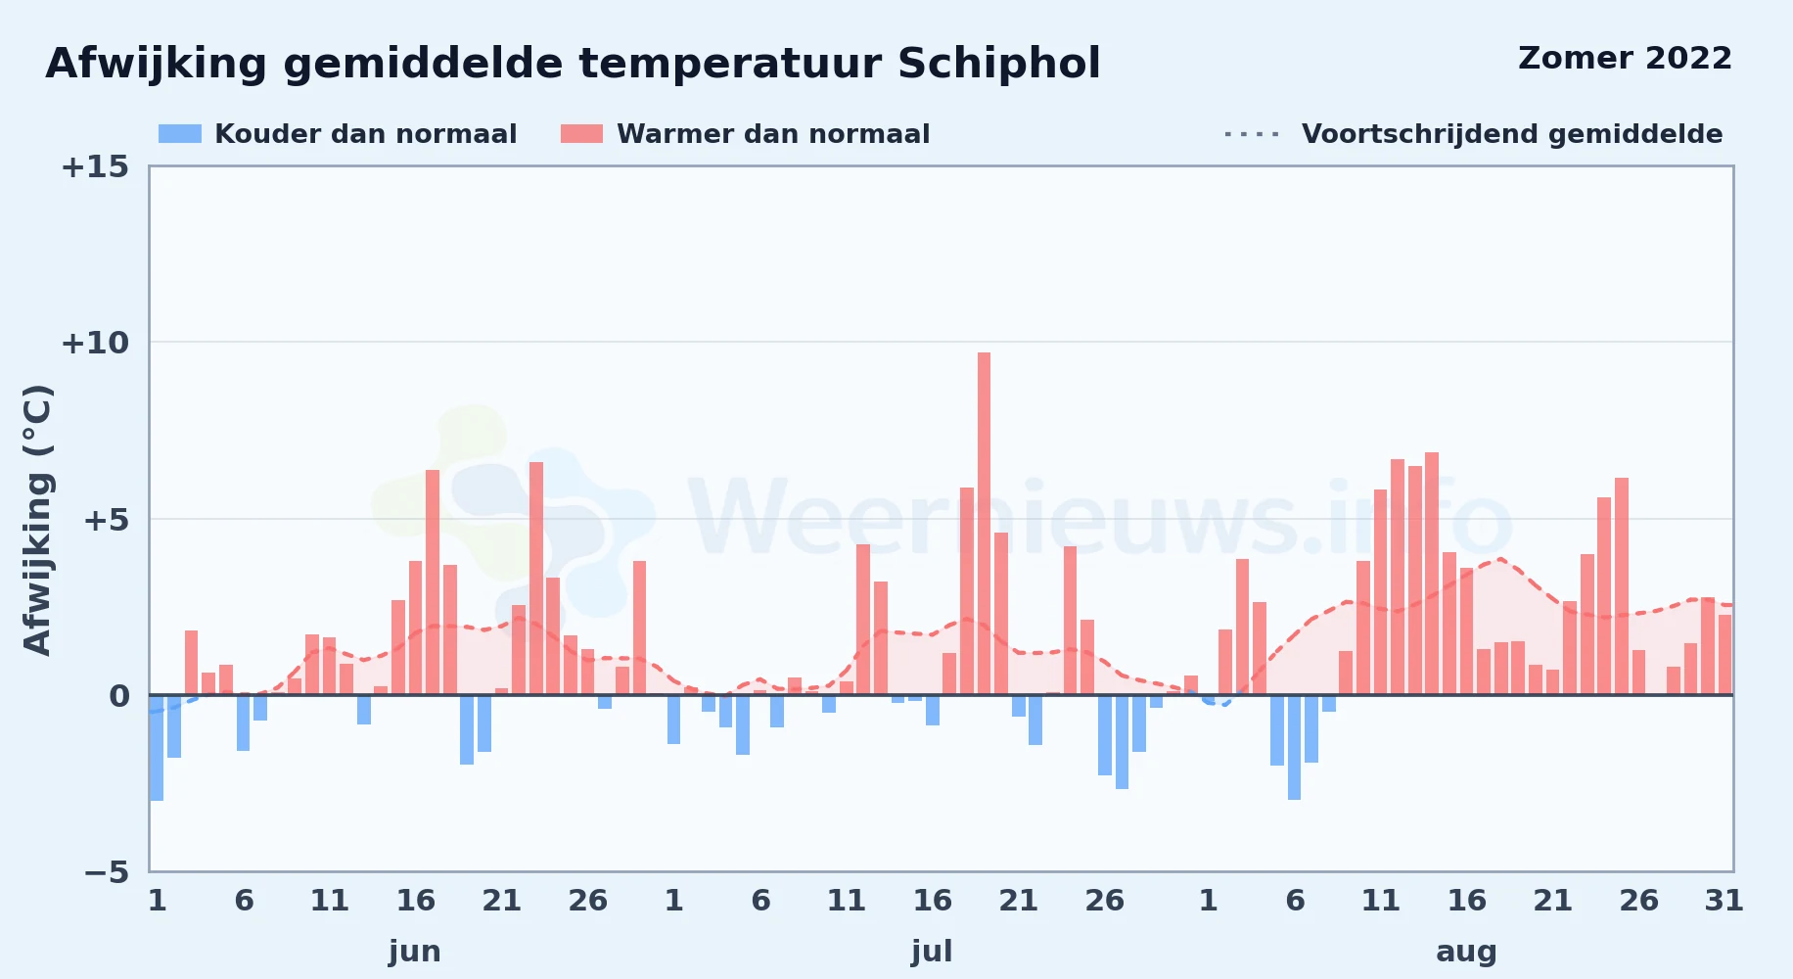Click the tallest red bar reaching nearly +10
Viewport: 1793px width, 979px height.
(x=984, y=524)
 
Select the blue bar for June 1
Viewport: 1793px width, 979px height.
(x=157, y=748)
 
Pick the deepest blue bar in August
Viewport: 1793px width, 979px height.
(x=1294, y=747)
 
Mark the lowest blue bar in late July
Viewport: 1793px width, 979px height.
(x=1122, y=742)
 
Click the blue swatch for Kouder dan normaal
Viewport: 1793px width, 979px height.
(x=180, y=134)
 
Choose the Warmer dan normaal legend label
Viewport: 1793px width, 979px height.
(x=773, y=134)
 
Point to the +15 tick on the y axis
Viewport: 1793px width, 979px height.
(x=95, y=166)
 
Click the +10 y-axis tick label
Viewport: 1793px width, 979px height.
(x=95, y=343)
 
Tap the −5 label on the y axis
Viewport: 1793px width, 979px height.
(x=107, y=871)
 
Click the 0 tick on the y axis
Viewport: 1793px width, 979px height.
(x=118, y=695)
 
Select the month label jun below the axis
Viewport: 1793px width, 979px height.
(x=415, y=952)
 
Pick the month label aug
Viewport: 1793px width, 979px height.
(x=1466, y=952)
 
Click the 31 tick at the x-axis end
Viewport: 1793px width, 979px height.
(x=1724, y=900)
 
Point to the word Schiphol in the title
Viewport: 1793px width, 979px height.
(x=998, y=64)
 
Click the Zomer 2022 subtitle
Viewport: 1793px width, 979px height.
(x=1625, y=58)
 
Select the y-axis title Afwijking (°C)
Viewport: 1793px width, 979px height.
(x=37, y=519)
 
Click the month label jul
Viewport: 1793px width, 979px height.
(x=932, y=952)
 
